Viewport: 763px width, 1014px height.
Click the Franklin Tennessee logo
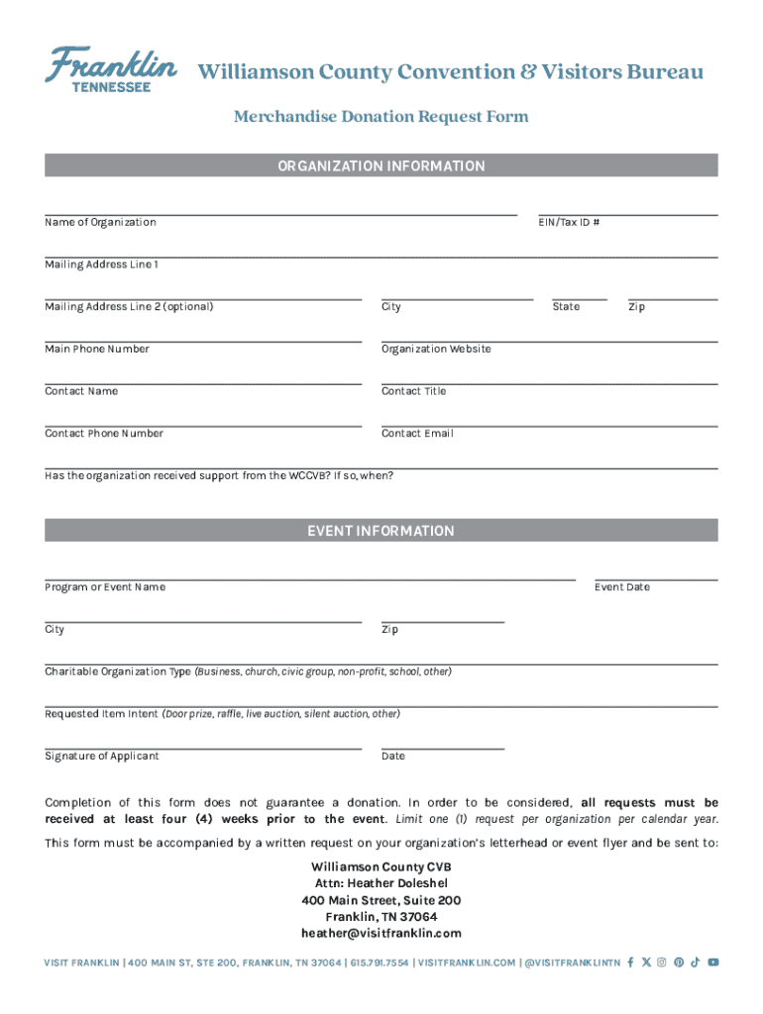click(110, 69)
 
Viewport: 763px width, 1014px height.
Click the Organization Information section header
click(381, 166)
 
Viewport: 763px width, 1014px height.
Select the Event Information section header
click(381, 532)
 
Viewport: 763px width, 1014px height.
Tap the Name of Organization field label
click(100, 223)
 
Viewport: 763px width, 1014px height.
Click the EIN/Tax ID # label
click(569, 223)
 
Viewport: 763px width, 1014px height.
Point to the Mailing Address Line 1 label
click(101, 265)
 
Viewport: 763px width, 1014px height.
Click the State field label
click(566, 307)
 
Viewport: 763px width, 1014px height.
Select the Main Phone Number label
click(97, 350)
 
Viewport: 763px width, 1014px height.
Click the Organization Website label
click(436, 350)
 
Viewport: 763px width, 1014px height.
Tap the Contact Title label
click(413, 392)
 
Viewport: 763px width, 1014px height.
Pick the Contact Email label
click(417, 434)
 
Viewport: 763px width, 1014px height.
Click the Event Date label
click(622, 588)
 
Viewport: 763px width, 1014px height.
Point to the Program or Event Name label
click(105, 588)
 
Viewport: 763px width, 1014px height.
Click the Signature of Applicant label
click(102, 757)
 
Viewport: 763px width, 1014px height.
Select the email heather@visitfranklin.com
click(381, 934)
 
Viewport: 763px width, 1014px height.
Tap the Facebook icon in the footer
click(631, 963)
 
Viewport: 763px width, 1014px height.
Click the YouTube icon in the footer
click(712, 963)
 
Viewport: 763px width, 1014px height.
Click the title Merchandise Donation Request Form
click(381, 117)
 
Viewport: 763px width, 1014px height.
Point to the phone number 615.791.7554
click(378, 963)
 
